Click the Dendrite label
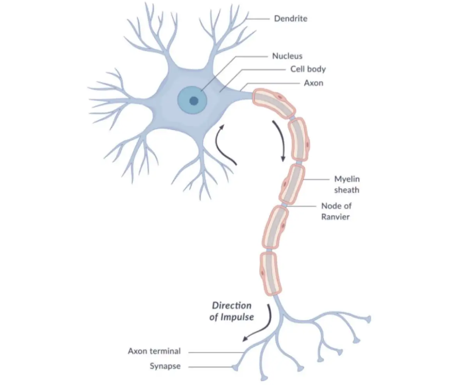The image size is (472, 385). point(290,19)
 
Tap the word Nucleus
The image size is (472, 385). point(287,56)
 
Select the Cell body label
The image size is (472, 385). point(308,70)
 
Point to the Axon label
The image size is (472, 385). point(313,83)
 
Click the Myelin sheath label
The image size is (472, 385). point(347,184)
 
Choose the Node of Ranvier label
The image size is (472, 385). point(336,211)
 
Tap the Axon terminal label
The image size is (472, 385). point(154,351)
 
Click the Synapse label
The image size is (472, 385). point(166,366)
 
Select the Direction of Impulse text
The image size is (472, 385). point(232,311)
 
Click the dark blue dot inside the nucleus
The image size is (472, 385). point(194,101)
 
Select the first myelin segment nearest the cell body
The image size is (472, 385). point(273,103)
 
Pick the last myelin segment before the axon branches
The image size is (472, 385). point(270,273)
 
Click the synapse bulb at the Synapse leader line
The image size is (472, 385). point(235,367)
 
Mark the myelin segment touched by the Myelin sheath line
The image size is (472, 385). point(292,184)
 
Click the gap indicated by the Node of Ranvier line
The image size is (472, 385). point(284,205)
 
